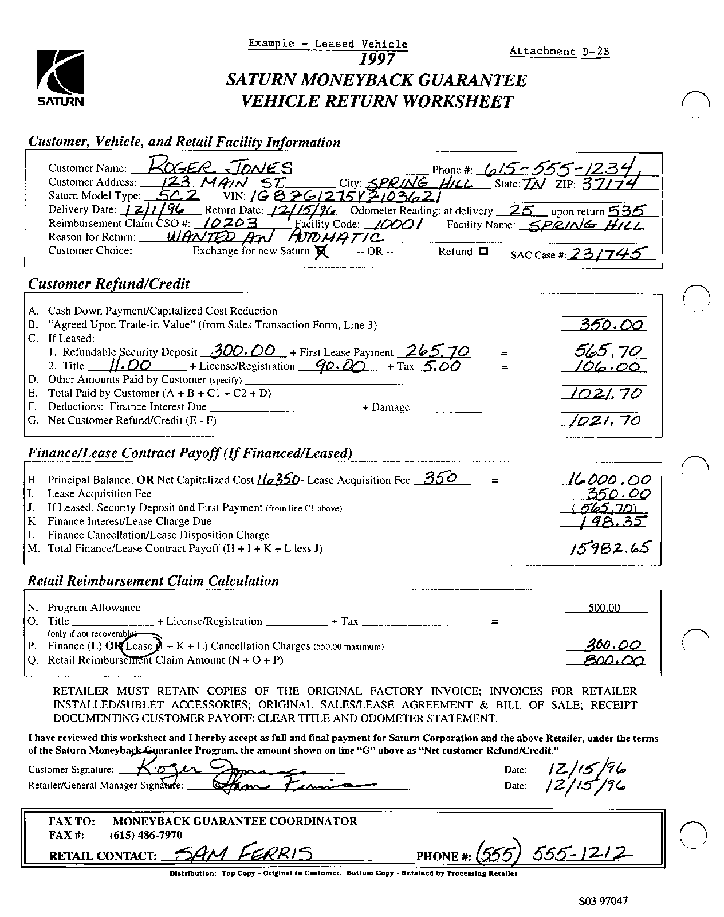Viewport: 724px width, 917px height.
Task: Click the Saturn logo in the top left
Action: point(60,78)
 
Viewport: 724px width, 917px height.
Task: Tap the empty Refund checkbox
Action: point(483,251)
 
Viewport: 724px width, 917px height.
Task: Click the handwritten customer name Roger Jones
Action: point(220,167)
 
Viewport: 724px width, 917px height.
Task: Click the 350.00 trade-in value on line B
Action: point(604,325)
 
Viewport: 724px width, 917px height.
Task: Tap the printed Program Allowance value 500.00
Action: point(604,608)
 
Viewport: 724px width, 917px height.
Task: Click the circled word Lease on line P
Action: point(139,646)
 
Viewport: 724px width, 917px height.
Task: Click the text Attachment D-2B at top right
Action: point(559,52)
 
